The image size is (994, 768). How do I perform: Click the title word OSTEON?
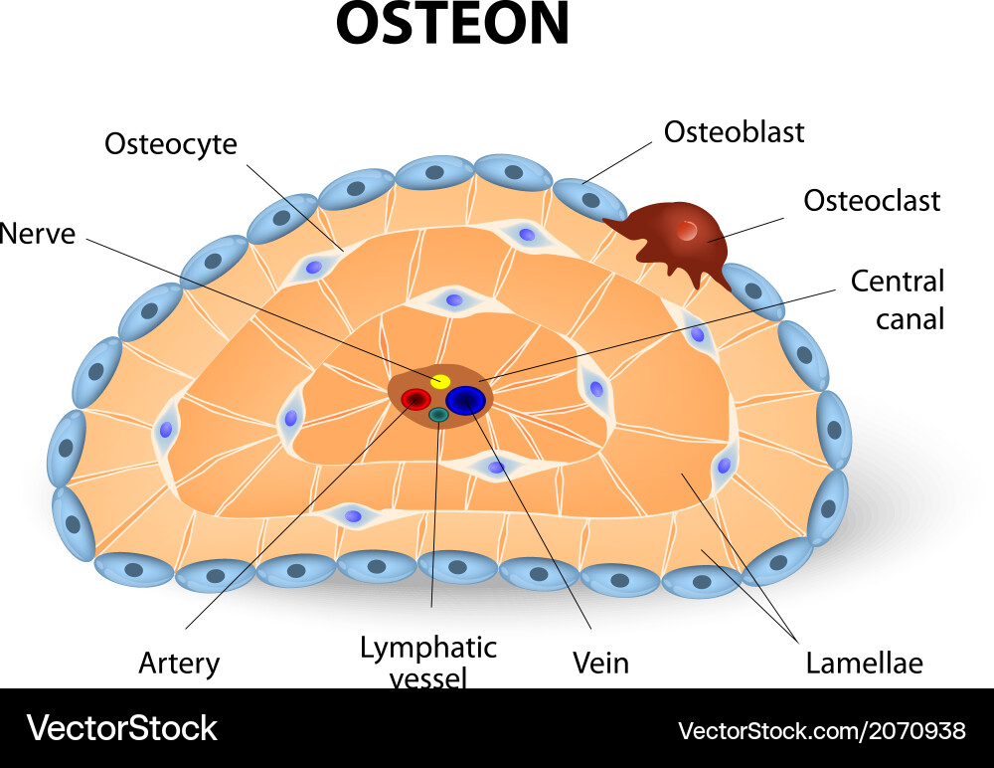(452, 24)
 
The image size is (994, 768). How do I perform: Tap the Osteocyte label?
(171, 144)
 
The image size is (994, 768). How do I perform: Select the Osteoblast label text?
(734, 131)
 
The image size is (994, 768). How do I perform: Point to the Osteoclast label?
(871, 201)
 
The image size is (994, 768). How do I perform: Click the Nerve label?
(38, 234)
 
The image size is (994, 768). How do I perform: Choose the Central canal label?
(897, 298)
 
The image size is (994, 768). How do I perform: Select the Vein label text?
(600, 663)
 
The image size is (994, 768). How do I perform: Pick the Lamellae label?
(864, 663)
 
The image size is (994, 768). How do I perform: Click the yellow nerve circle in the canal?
(439, 381)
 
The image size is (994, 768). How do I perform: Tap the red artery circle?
(414, 400)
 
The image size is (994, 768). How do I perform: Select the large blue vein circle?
(465, 400)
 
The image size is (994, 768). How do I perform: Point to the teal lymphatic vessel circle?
(437, 415)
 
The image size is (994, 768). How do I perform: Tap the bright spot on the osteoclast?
(687, 230)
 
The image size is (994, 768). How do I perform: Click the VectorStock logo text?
(121, 728)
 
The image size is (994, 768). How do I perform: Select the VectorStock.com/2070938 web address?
(821, 731)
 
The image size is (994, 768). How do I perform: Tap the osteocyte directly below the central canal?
(495, 466)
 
